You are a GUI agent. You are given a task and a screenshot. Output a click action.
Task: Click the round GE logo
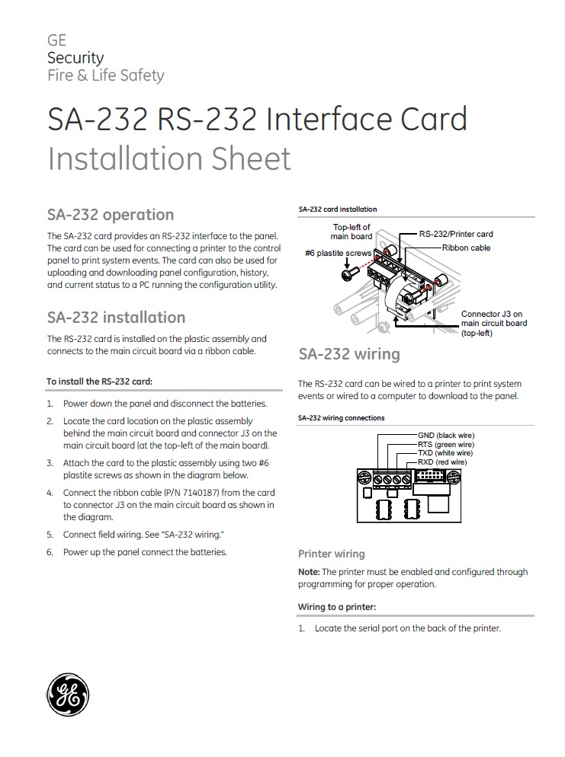click(68, 695)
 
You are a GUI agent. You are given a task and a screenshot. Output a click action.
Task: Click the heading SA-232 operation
click(111, 215)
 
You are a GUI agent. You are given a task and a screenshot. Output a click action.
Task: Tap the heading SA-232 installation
click(116, 317)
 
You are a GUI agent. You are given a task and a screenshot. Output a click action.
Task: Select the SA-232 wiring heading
click(349, 354)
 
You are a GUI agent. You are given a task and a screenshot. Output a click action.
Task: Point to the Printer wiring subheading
click(331, 554)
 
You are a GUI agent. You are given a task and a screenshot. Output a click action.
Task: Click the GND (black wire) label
click(446, 436)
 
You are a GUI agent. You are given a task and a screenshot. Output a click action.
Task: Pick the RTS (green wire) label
click(446, 445)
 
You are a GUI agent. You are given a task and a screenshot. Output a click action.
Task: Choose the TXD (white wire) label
click(445, 453)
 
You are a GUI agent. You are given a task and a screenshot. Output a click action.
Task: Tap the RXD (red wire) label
click(442, 462)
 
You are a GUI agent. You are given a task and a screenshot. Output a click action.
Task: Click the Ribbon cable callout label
click(466, 248)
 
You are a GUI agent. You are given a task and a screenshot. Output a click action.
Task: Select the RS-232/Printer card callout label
click(456, 234)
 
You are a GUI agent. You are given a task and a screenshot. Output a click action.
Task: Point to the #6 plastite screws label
click(339, 253)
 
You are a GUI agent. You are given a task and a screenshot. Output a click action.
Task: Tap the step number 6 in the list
click(50, 552)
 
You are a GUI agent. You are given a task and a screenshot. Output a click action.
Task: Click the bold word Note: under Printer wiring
click(309, 572)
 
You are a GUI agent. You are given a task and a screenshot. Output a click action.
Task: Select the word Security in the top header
click(75, 58)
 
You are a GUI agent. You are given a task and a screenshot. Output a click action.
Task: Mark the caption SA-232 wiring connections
click(342, 418)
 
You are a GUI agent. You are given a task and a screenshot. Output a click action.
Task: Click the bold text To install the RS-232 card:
click(100, 382)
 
